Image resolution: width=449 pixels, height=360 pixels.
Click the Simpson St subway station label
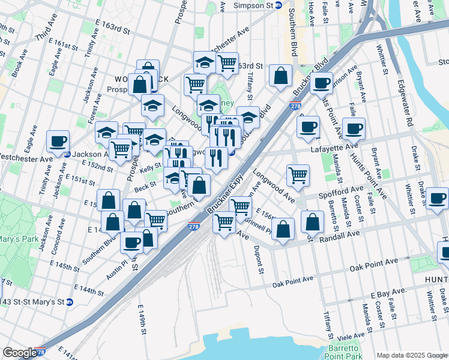pyautogui.click(x=256, y=5)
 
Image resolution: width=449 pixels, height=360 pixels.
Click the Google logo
pyautogui.click(x=19, y=353)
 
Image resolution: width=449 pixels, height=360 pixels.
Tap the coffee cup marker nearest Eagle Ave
pyautogui.click(x=58, y=142)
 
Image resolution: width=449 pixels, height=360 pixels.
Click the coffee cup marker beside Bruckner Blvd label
pyautogui.click(x=321, y=82)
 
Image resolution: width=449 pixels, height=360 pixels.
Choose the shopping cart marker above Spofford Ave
pyautogui.click(x=298, y=175)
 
